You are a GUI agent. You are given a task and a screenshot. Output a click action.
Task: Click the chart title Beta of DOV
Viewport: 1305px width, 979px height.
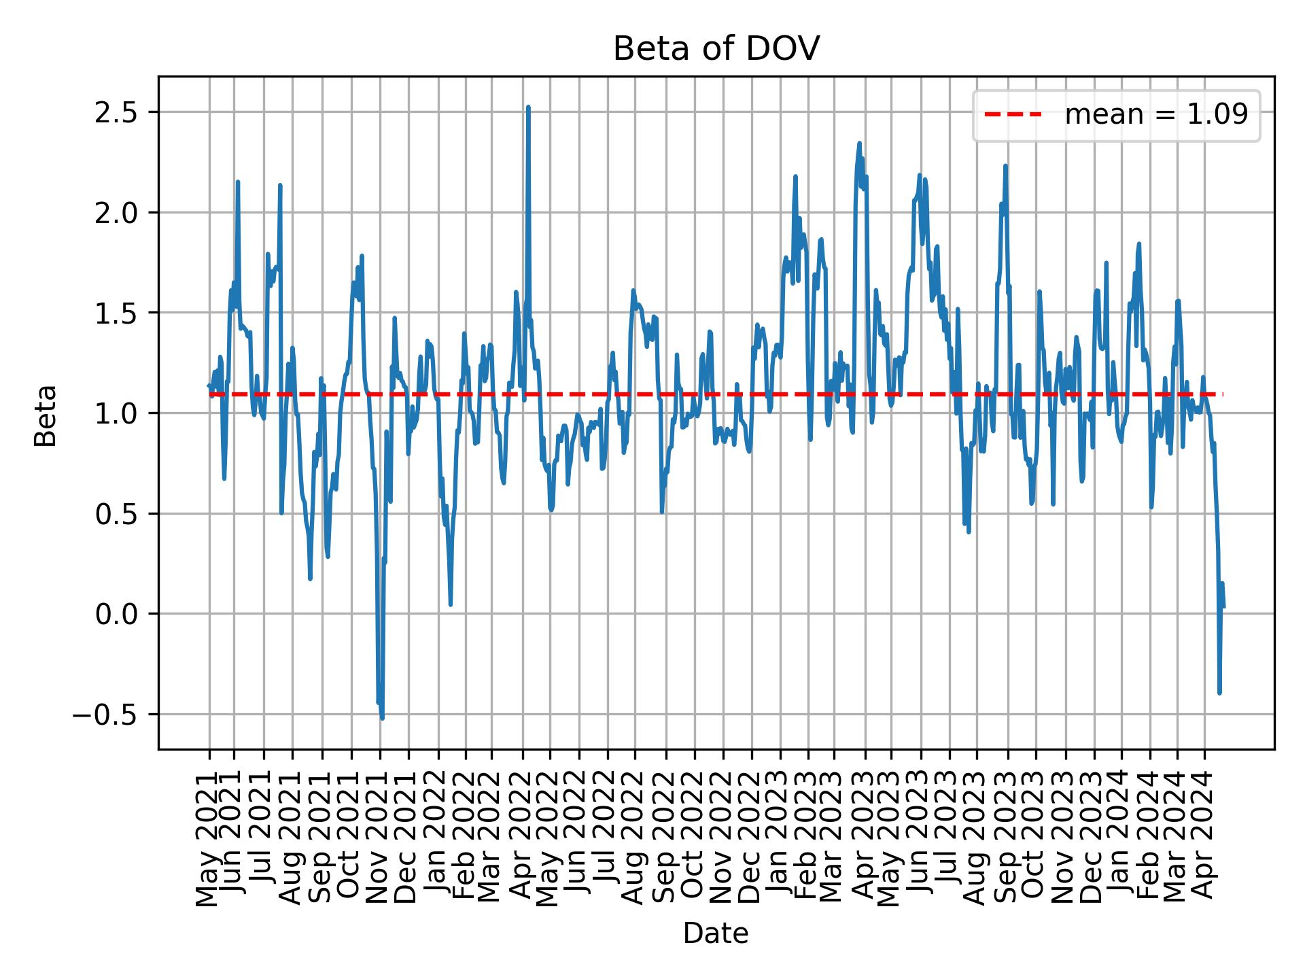pyautogui.click(x=716, y=49)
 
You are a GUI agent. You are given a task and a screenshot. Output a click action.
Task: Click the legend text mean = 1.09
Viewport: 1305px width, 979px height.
pyautogui.click(x=1156, y=115)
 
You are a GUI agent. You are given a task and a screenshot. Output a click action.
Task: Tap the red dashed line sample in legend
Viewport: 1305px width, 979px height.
pyautogui.click(x=1013, y=115)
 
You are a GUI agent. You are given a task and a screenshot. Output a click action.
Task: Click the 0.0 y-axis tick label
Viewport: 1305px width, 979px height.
pyautogui.click(x=117, y=615)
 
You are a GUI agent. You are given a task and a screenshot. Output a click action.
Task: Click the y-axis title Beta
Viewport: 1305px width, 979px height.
pyautogui.click(x=46, y=415)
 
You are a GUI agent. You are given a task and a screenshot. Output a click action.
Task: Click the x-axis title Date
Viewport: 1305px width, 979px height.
pyautogui.click(x=716, y=934)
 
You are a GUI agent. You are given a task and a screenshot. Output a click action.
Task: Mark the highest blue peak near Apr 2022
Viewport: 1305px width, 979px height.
pyautogui.click(x=528, y=107)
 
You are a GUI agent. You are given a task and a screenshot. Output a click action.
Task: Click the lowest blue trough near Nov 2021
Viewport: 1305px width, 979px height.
pyautogui.click(x=382, y=717)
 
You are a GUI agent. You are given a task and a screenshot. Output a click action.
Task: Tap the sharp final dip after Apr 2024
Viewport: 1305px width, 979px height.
pyautogui.click(x=1219, y=692)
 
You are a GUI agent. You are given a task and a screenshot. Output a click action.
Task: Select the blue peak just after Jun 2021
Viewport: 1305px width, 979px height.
pyautogui.click(x=237, y=182)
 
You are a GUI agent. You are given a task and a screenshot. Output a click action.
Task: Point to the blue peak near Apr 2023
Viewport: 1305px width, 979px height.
pyautogui.click(x=859, y=143)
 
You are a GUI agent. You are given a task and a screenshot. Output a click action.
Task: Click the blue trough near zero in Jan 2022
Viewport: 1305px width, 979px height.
pyautogui.click(x=451, y=604)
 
